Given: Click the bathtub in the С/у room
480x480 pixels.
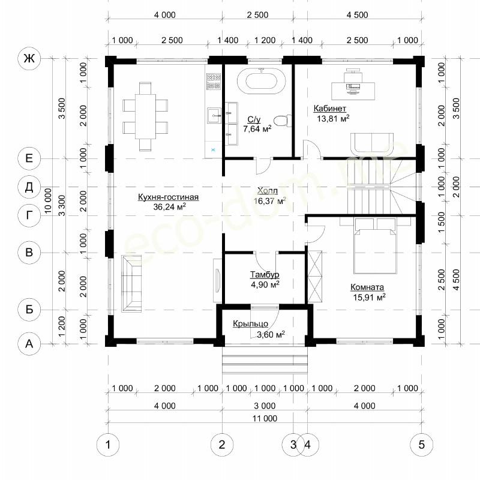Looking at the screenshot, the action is coord(261,81).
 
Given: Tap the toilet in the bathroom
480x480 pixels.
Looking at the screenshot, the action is coord(282,121).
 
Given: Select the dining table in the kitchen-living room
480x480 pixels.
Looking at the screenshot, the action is coord(145,116).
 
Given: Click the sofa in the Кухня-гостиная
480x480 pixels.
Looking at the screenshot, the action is coord(132,283).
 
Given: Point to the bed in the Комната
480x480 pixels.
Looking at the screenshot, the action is coord(375,245).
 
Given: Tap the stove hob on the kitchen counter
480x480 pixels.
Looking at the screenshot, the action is coord(214,82).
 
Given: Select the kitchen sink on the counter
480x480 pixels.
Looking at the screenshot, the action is coord(214,115).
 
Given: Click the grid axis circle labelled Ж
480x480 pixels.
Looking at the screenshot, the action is coord(29,58).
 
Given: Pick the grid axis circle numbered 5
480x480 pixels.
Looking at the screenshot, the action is coord(422,444).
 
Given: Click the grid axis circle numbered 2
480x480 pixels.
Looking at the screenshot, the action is coord(222,444).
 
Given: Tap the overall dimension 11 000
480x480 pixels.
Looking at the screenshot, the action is coord(265,418).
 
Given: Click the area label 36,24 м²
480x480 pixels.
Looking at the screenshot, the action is coord(170,206).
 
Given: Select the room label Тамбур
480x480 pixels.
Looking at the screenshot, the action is coord(265,275).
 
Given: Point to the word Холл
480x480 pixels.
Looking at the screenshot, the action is coord(268,191).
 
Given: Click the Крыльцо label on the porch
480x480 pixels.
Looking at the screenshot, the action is coord(250,323).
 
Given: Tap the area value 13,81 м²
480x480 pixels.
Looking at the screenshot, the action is coord(333,118).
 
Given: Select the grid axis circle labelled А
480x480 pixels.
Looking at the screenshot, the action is coord(29,344).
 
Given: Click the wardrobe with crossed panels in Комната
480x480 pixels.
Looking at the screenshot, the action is coord(315,277).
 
